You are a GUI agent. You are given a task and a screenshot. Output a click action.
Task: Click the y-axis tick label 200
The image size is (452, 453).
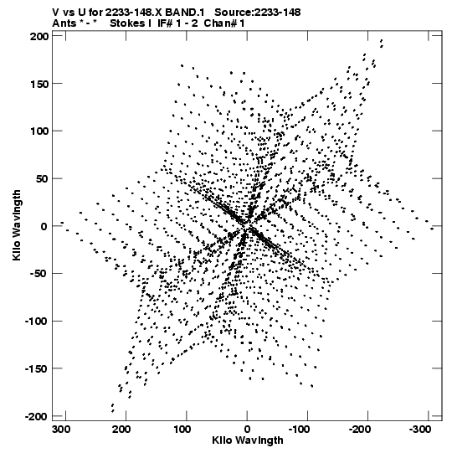(x=39, y=37)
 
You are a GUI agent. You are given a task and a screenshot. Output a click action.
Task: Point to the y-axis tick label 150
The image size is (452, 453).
(x=39, y=84)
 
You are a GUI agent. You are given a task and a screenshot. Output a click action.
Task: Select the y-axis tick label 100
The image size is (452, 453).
(x=39, y=131)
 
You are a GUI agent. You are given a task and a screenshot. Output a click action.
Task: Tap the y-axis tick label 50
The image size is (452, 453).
(x=41, y=179)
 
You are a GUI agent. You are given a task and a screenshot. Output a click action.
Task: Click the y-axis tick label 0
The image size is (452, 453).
(x=44, y=226)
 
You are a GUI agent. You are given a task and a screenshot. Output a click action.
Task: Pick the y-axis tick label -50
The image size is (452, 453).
(x=39, y=274)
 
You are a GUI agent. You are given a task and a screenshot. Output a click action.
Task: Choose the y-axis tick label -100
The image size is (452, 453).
(x=36, y=322)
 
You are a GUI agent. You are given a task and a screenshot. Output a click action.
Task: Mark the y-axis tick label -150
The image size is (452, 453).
(x=36, y=368)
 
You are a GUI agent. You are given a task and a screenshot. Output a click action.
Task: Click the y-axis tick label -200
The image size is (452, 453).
(x=36, y=416)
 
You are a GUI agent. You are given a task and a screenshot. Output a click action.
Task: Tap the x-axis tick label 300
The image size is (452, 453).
(x=61, y=430)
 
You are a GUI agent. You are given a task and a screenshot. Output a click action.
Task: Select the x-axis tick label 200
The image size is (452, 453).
(x=121, y=430)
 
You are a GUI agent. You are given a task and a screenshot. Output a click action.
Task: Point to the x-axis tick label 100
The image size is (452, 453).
(x=182, y=430)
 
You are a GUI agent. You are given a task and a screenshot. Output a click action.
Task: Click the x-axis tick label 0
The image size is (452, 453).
(x=247, y=430)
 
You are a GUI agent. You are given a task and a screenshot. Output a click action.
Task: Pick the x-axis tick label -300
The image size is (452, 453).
(x=420, y=430)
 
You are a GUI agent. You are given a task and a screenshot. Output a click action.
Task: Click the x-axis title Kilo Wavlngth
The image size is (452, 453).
(x=248, y=440)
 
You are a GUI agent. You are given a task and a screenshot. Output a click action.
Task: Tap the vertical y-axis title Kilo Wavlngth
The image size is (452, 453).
(x=17, y=225)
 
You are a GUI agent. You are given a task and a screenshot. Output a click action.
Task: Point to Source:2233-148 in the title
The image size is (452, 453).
(x=258, y=13)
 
